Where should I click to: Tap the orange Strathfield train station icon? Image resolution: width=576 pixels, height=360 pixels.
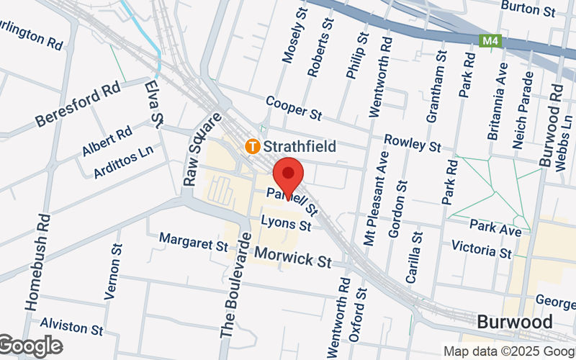pyautogui.click(x=253, y=146)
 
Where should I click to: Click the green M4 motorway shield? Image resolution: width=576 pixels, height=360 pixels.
pyautogui.click(x=490, y=41)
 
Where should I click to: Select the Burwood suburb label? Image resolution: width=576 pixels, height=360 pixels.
pyautogui.click(x=514, y=321)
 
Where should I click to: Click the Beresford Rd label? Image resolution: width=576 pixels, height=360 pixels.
pyautogui.click(x=77, y=105)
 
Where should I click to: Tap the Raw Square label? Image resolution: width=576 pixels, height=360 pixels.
pyautogui.click(x=200, y=150)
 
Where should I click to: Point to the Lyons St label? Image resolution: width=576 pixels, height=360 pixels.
pyautogui.click(x=286, y=225)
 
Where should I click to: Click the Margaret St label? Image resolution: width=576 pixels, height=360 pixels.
pyautogui.click(x=193, y=241)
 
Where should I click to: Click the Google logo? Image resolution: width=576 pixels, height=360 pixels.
pyautogui.click(x=30, y=346)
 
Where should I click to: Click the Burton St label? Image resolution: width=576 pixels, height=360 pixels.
pyautogui.click(x=528, y=9)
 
